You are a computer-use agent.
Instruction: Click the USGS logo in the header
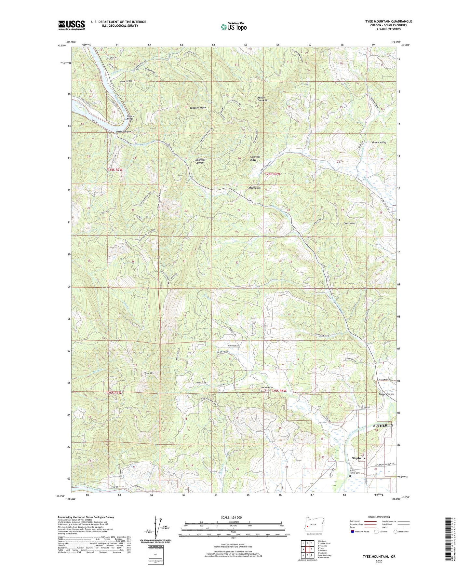click(72, 25)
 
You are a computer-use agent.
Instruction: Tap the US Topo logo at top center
click(234, 27)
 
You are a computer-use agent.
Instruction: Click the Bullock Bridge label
click(130, 117)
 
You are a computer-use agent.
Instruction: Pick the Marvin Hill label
click(255, 188)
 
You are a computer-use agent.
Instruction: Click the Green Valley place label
click(379, 142)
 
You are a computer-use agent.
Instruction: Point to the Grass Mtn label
click(349, 223)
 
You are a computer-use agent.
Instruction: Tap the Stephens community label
click(358, 458)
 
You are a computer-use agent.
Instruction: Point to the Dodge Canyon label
click(386, 394)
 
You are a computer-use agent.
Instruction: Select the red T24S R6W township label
click(272, 174)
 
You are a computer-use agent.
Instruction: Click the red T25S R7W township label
click(114, 393)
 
